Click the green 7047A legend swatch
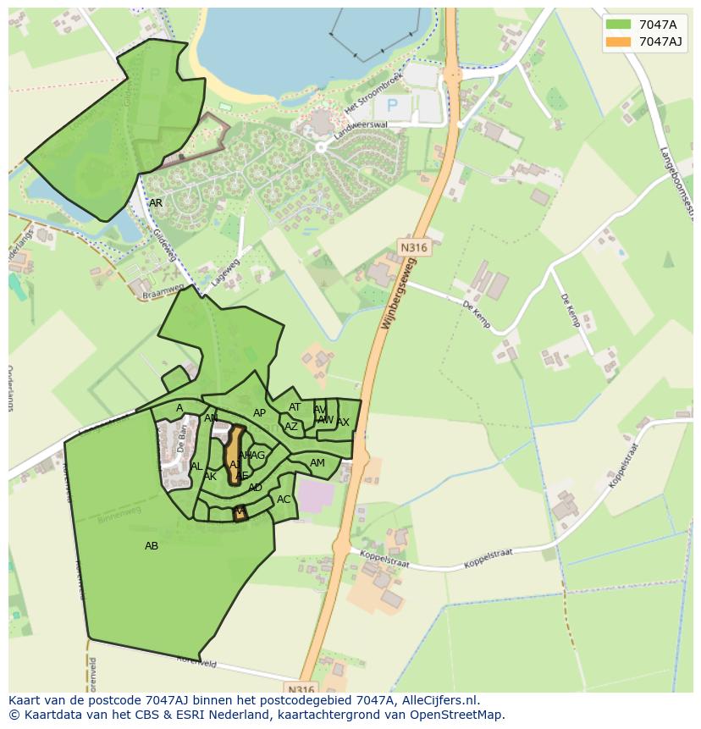tap(618, 25)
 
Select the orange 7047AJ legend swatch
tap(618, 41)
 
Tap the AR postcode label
tap(156, 203)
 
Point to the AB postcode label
tap(152, 546)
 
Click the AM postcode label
tap(317, 463)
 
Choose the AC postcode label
tap(284, 500)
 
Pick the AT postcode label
tap(295, 407)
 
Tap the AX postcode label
tap(343, 422)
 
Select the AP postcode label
tap(260, 413)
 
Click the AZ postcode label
tap(290, 427)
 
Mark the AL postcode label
tap(196, 467)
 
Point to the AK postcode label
tap(211, 477)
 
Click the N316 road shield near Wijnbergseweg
tap(414, 247)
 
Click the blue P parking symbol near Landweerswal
tap(392, 106)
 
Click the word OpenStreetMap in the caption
tap(461, 715)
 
